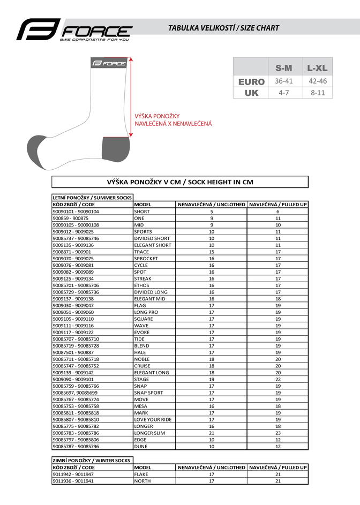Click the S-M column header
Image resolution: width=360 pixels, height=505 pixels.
(x=283, y=68)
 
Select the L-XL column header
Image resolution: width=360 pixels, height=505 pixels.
(x=317, y=68)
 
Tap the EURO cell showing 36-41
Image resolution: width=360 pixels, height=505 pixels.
(x=283, y=81)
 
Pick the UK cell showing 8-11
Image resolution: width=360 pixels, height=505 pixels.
(x=317, y=93)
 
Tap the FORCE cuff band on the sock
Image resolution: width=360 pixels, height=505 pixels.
(x=109, y=63)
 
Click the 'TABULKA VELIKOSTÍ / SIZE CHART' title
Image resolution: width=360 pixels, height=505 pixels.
(x=223, y=28)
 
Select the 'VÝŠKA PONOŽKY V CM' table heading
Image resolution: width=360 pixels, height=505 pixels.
(x=180, y=182)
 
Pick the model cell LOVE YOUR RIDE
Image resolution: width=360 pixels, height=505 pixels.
(x=153, y=419)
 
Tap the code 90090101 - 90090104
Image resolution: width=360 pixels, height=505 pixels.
(x=76, y=212)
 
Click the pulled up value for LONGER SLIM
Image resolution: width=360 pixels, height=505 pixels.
(x=278, y=433)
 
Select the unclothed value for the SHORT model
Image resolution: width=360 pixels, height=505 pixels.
(x=212, y=212)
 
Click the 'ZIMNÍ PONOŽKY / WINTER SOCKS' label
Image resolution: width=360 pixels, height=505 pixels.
(x=92, y=460)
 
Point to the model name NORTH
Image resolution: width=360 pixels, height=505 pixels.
(x=142, y=481)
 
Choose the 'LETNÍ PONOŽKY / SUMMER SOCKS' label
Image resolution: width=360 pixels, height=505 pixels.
(x=92, y=198)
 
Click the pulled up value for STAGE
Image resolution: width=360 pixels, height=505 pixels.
(x=278, y=379)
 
